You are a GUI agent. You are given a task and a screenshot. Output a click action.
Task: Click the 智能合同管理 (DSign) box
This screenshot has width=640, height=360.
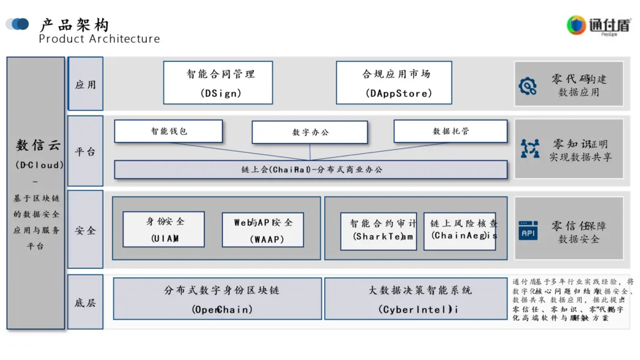(x=218, y=83)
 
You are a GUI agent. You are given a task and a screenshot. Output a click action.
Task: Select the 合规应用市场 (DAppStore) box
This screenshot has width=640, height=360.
(x=394, y=83)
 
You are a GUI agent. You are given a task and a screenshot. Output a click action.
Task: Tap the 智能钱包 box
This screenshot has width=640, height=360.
(x=168, y=131)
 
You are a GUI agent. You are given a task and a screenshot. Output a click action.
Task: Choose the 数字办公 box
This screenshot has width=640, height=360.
(x=310, y=132)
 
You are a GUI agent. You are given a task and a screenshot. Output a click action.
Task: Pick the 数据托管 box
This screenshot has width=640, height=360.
(x=450, y=131)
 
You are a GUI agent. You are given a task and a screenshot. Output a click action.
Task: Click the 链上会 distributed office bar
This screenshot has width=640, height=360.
(x=311, y=169)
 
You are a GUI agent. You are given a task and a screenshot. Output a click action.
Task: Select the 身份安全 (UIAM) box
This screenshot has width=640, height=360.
(x=164, y=229)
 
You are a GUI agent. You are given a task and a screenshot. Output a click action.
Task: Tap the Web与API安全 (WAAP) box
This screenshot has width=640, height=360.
(x=263, y=230)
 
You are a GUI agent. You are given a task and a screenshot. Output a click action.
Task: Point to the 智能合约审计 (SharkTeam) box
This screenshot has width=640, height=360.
(x=378, y=231)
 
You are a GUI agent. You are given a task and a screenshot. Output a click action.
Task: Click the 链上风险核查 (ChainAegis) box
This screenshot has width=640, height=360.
(x=460, y=231)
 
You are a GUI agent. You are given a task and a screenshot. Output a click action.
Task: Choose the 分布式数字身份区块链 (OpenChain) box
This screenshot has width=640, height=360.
(x=217, y=299)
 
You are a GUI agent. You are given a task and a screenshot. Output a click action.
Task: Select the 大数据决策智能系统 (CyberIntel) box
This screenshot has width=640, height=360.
(x=415, y=299)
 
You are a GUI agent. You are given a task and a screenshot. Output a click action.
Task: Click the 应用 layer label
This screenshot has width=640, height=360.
(x=85, y=84)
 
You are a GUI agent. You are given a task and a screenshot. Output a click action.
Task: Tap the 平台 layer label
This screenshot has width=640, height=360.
(x=85, y=151)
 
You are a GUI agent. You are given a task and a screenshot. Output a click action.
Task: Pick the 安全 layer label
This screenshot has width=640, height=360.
(x=85, y=230)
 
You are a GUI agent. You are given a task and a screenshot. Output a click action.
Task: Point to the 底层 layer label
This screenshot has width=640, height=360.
(x=85, y=302)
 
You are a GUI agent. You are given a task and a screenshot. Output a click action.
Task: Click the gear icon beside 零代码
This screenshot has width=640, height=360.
(x=528, y=86)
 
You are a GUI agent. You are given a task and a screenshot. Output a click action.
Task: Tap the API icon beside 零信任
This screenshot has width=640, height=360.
(x=528, y=230)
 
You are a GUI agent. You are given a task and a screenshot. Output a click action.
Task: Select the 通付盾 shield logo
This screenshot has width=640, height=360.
(x=576, y=25)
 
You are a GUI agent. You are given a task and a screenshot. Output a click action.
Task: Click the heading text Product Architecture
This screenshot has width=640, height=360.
(x=99, y=39)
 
